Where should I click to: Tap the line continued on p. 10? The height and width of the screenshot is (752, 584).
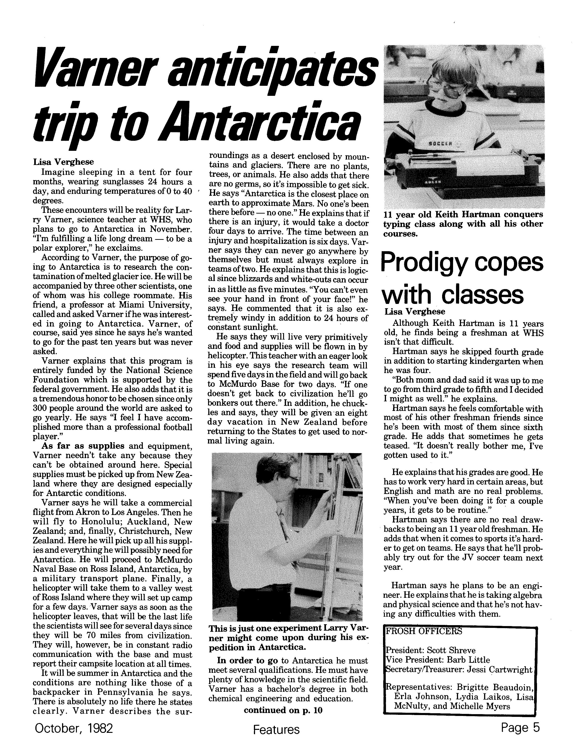point(283,710)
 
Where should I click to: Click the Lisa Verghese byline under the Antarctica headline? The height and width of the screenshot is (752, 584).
point(63,162)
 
